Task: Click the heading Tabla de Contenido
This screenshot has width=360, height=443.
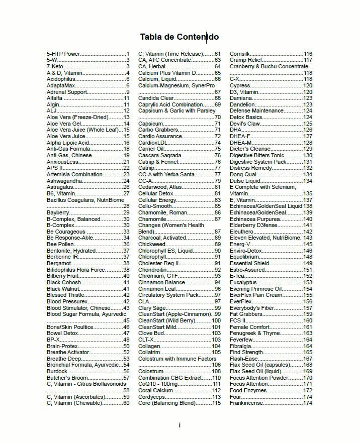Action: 179,37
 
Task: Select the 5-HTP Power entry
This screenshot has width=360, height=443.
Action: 63,54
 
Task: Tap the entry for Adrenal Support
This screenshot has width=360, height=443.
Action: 67,92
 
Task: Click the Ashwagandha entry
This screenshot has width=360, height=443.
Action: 64,181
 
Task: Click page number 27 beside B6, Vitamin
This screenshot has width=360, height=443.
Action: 126,193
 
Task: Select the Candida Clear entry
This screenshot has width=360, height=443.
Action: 156,98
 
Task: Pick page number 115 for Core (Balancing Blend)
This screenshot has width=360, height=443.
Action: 216,403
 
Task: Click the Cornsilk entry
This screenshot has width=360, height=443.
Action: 240,54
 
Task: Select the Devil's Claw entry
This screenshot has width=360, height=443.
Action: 245,124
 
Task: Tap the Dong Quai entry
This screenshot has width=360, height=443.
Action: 242,174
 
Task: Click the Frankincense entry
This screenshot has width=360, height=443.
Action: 246,403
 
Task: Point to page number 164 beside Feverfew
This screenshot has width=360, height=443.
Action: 307,340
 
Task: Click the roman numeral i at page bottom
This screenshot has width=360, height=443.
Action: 179,425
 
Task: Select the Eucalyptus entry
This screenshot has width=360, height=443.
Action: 243,282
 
